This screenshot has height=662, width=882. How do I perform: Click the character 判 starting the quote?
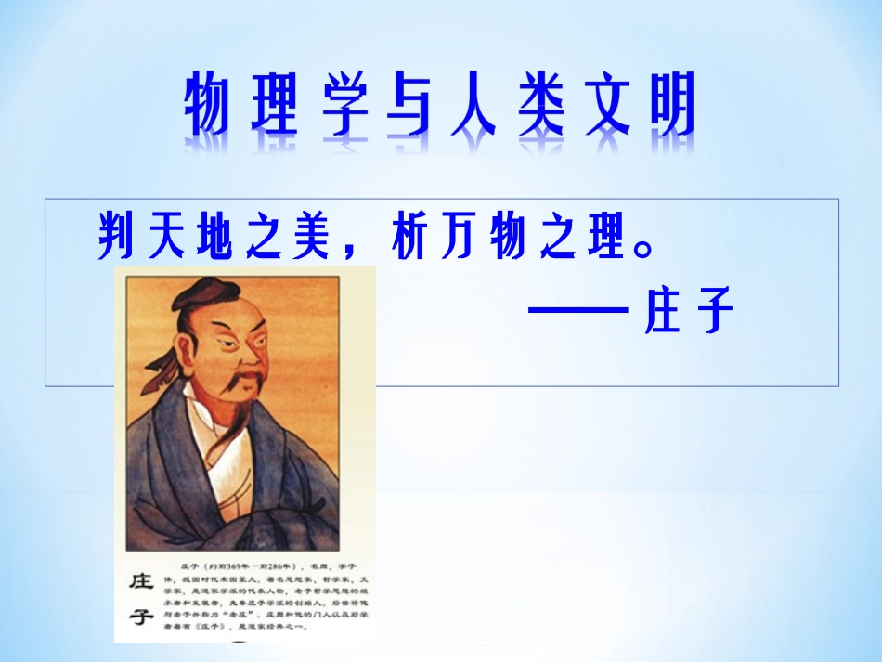[120, 239]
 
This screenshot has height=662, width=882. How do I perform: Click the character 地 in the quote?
[220, 239]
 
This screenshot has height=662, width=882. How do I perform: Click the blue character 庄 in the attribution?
[663, 309]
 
